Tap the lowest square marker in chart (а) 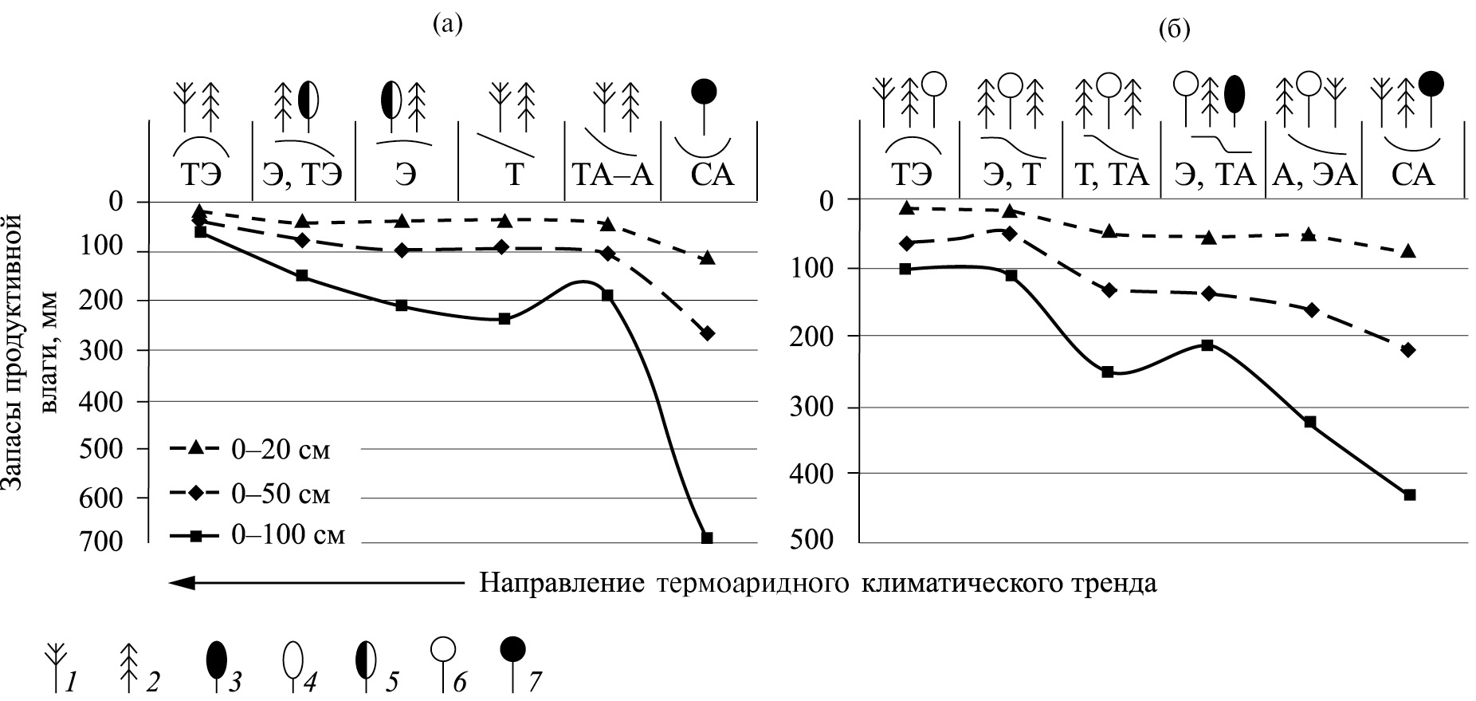pyautogui.click(x=706, y=538)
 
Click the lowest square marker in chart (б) pyautogui.click(x=1409, y=494)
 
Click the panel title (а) pyautogui.click(x=446, y=24)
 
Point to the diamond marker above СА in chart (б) pyautogui.click(x=1408, y=349)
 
